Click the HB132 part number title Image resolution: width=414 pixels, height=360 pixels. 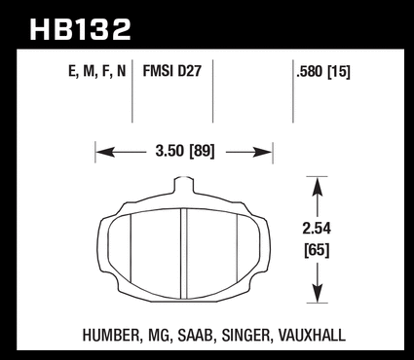pos(80,29)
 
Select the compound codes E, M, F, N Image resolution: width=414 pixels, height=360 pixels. pos(96,71)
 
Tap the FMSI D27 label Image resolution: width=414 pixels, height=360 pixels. pos(172,71)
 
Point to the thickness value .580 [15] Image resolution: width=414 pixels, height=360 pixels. pos(323,72)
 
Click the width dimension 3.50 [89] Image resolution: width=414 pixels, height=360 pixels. pos(185,151)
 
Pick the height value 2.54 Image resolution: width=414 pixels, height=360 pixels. pos(317,229)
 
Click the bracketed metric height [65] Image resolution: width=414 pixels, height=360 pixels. pos(317,250)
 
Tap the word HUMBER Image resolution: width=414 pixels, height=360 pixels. pos(111,335)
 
